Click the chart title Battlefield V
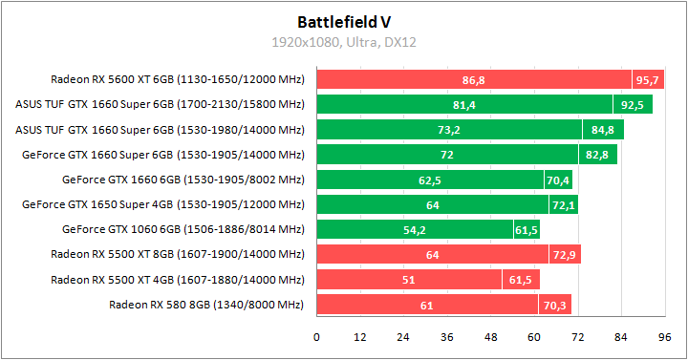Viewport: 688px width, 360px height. coord(344,20)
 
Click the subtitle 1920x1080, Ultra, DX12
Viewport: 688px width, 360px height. coord(344,42)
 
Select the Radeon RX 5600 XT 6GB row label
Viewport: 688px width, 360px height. coord(178,79)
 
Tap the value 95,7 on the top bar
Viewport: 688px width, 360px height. coord(649,80)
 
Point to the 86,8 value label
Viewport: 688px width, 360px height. coord(473,80)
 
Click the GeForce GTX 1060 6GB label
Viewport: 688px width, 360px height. coord(183,228)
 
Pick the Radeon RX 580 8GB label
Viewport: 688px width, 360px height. coord(206,305)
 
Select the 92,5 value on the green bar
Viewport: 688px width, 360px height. coord(633,105)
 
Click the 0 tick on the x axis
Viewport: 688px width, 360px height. coord(317,337)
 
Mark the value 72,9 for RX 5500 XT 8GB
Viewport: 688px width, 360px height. coord(565,255)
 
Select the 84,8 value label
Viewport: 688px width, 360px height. coord(604,130)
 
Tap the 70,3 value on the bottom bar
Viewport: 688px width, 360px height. coord(556,306)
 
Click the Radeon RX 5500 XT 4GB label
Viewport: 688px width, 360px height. coord(178,280)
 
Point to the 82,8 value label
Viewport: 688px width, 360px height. coord(597,155)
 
